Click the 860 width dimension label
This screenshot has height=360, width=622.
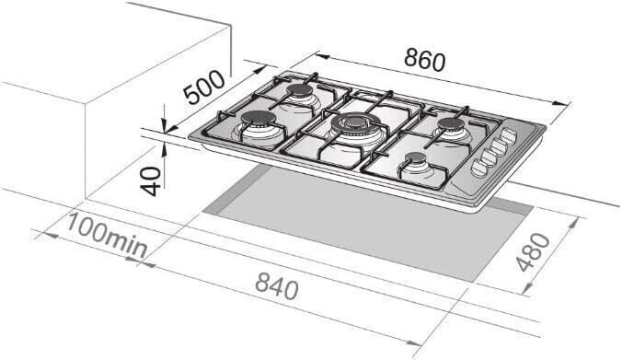[x=425, y=61]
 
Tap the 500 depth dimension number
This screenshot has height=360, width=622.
[x=204, y=88]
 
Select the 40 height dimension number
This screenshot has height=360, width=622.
[x=152, y=181]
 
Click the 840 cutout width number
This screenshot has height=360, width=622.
[x=276, y=286]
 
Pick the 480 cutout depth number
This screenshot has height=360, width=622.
[x=533, y=252]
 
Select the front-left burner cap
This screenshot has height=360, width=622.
[x=259, y=118]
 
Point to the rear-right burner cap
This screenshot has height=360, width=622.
[x=451, y=124]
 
